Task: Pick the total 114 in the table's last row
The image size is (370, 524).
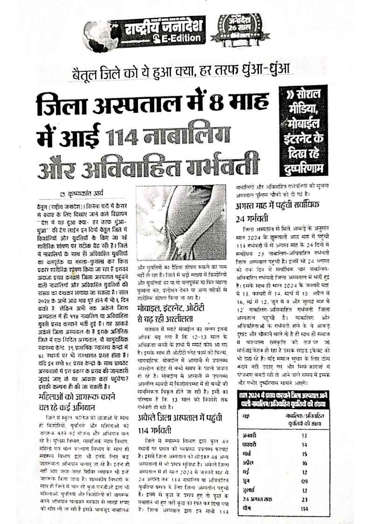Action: tap(305, 508)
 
